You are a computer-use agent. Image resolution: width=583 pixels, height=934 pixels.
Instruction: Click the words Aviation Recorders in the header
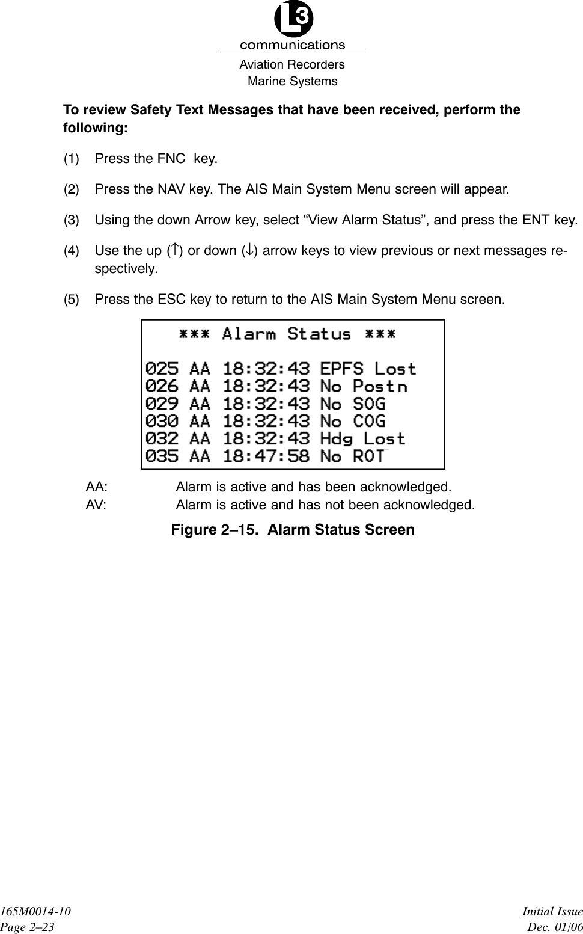291,64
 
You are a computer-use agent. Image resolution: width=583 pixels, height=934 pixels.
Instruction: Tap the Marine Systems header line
293,81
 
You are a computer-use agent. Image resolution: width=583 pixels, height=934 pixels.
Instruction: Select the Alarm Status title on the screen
287,334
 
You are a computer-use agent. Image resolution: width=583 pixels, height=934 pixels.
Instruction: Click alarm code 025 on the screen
162,368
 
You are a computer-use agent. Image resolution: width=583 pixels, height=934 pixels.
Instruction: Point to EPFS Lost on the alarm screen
368,368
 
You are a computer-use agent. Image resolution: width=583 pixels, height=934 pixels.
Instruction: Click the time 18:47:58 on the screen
266,456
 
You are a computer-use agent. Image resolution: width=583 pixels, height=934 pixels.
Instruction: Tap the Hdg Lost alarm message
363,438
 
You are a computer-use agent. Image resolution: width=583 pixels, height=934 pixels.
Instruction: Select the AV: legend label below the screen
96,505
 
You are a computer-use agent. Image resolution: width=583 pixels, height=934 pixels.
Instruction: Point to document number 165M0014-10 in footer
35,912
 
